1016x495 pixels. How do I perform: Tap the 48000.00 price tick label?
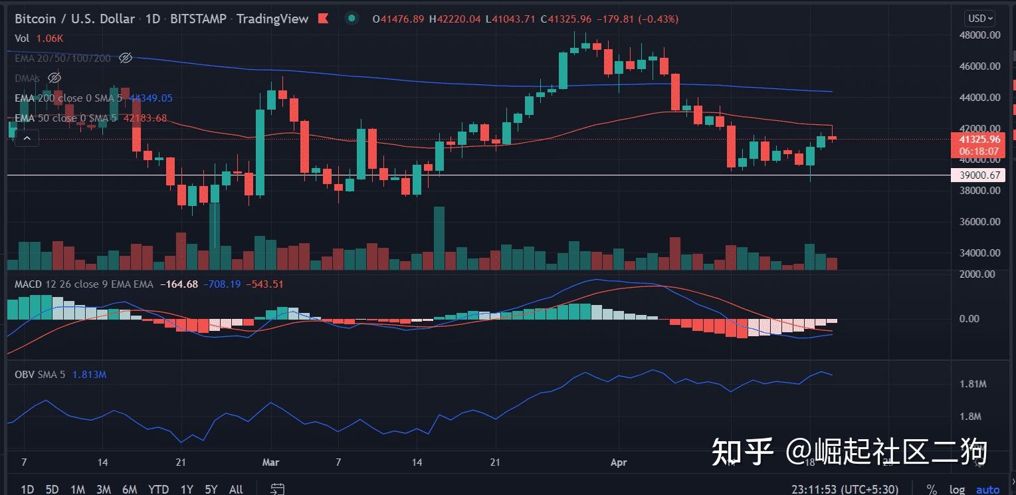click(x=981, y=35)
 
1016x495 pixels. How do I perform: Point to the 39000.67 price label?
click(x=975, y=175)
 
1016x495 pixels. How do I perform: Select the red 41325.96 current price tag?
click(x=975, y=140)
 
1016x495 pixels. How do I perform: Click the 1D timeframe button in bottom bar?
click(x=27, y=490)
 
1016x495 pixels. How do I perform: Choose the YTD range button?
click(x=158, y=490)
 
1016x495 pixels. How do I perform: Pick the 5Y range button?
click(x=211, y=490)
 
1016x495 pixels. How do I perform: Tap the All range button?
click(x=236, y=490)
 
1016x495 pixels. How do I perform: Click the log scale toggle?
click(x=957, y=490)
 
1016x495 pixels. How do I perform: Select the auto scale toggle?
click(x=987, y=490)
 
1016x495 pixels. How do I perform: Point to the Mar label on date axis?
click(x=271, y=462)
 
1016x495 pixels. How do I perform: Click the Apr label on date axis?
click(x=618, y=462)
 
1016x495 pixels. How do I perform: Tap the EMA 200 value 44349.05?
click(x=151, y=98)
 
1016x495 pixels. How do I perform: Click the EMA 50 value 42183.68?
click(x=146, y=118)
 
